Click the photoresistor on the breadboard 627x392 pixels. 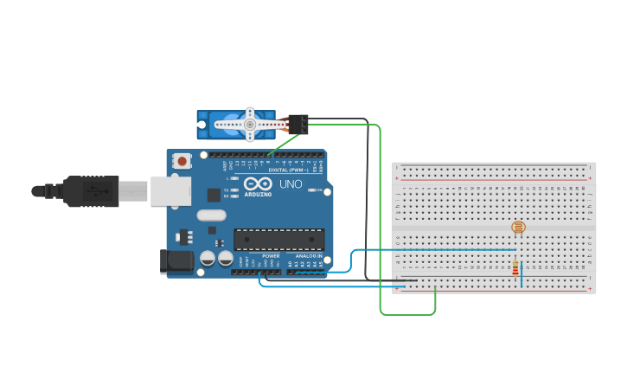coord(518,228)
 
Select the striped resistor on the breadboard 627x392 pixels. coord(515,269)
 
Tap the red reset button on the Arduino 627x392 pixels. coord(182,161)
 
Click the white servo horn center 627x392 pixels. coord(249,125)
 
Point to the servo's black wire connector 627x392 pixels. coord(299,125)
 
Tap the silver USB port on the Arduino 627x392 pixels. coord(170,191)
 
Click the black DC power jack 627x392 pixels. coord(176,261)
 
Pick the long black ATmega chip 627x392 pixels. coord(278,239)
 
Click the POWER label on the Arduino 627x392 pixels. coord(271,256)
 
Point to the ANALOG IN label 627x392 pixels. coord(308,256)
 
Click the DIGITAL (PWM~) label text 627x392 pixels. coord(285,170)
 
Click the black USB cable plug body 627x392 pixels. coord(90,191)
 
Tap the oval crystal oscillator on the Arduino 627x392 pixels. coord(211,215)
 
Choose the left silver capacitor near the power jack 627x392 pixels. coord(208,258)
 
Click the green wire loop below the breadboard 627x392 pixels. coord(407,313)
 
